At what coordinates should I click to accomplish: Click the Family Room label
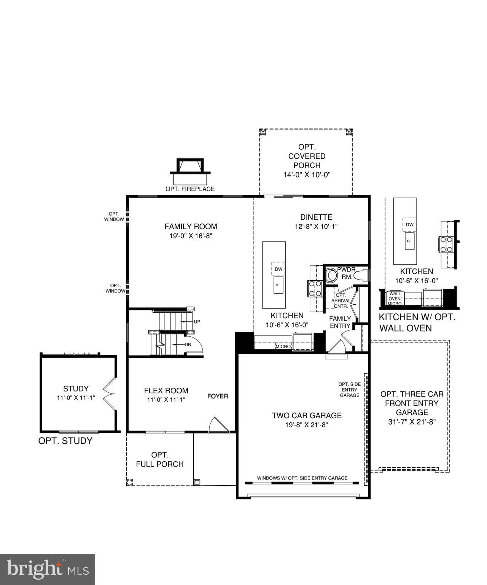(x=191, y=227)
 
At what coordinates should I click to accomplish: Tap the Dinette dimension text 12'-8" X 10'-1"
(x=316, y=227)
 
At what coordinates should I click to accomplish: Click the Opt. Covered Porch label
(x=307, y=156)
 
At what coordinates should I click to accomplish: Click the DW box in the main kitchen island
(x=279, y=269)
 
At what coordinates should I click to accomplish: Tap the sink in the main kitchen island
(x=278, y=285)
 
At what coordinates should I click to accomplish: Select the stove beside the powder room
(x=315, y=288)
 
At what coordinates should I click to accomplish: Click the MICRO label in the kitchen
(x=283, y=347)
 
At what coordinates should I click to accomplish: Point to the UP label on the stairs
(x=197, y=322)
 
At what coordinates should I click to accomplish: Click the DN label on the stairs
(x=188, y=345)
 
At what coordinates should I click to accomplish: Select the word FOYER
(x=218, y=396)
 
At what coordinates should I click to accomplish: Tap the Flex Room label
(x=166, y=390)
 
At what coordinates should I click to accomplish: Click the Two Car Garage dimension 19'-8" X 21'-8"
(x=307, y=425)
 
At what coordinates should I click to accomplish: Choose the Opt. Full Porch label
(x=160, y=460)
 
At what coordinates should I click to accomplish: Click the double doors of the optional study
(x=110, y=394)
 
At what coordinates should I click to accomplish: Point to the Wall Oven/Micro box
(x=395, y=298)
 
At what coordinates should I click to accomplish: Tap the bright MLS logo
(x=48, y=569)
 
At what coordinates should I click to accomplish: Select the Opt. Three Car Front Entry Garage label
(x=412, y=403)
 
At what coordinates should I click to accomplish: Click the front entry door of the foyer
(x=219, y=424)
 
